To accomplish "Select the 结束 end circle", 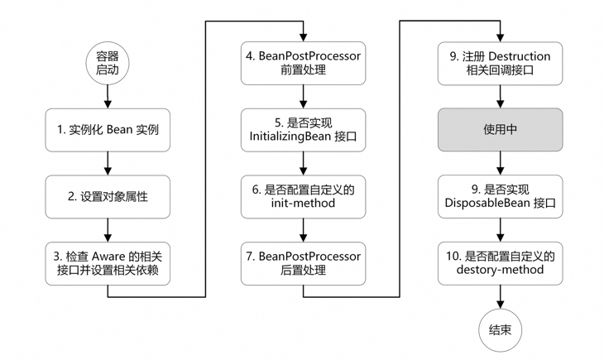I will point(500,329).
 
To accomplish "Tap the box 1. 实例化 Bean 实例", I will point(107,129).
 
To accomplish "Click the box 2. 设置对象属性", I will point(107,196).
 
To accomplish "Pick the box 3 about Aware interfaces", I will point(107,263).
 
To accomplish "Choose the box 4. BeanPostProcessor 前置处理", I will point(303,63).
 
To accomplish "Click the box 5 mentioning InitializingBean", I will point(303,129).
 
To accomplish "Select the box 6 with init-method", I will point(303,196).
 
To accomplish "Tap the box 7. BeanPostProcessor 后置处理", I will point(303,263).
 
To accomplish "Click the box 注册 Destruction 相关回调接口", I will point(500,63).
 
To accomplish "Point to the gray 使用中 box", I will point(500,129).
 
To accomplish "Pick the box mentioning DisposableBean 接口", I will point(500,196).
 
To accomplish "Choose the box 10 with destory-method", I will point(500,263).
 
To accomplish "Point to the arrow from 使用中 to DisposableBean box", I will point(500,162).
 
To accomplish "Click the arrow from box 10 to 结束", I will point(500,295).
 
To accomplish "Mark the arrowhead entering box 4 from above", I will point(303,38).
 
